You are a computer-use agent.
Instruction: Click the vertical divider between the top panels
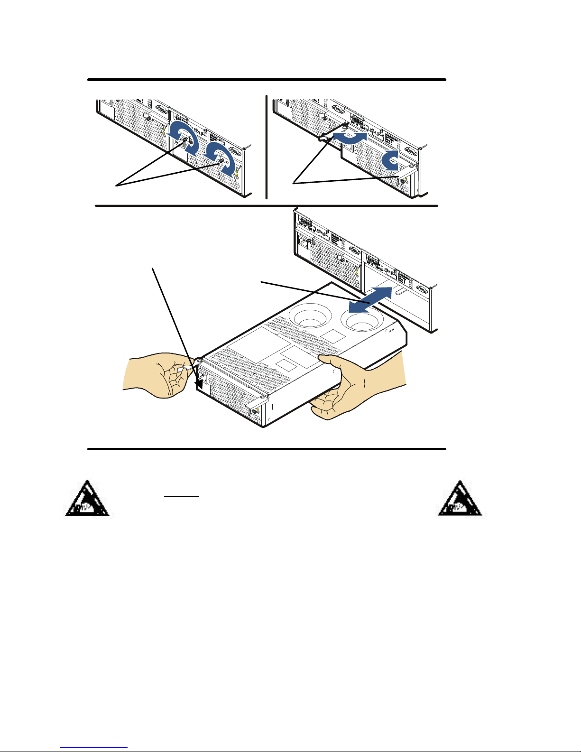coord(267,147)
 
